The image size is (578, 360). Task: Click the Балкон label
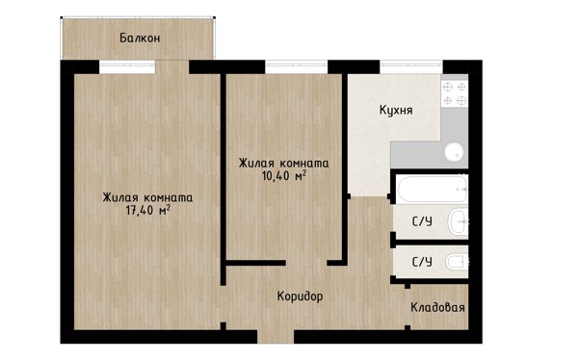tap(140, 38)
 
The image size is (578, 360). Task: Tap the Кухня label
tap(396, 110)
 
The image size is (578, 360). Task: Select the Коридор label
tap(300, 296)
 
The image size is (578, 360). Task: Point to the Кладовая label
tap(437, 307)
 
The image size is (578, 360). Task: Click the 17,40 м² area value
tap(147, 211)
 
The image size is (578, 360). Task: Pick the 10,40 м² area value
tap(284, 176)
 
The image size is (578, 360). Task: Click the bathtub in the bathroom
tap(433, 189)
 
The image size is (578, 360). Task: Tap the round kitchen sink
tap(454, 151)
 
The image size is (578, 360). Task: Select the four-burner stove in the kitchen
tap(455, 93)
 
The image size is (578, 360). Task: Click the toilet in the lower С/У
tap(457, 262)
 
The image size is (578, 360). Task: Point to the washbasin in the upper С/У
tap(459, 221)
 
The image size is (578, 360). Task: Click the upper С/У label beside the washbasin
tap(422, 221)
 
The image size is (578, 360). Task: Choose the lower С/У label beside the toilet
tap(422, 262)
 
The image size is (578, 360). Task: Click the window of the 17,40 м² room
tap(127, 67)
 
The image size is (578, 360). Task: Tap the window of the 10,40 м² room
tap(296, 67)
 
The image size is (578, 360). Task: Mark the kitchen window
tap(411, 67)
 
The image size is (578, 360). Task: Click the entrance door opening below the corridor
tap(276, 337)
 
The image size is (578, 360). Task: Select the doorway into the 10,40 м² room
tap(306, 263)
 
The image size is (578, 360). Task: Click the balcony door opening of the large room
tap(172, 67)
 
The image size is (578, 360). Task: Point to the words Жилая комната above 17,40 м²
tap(147, 197)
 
